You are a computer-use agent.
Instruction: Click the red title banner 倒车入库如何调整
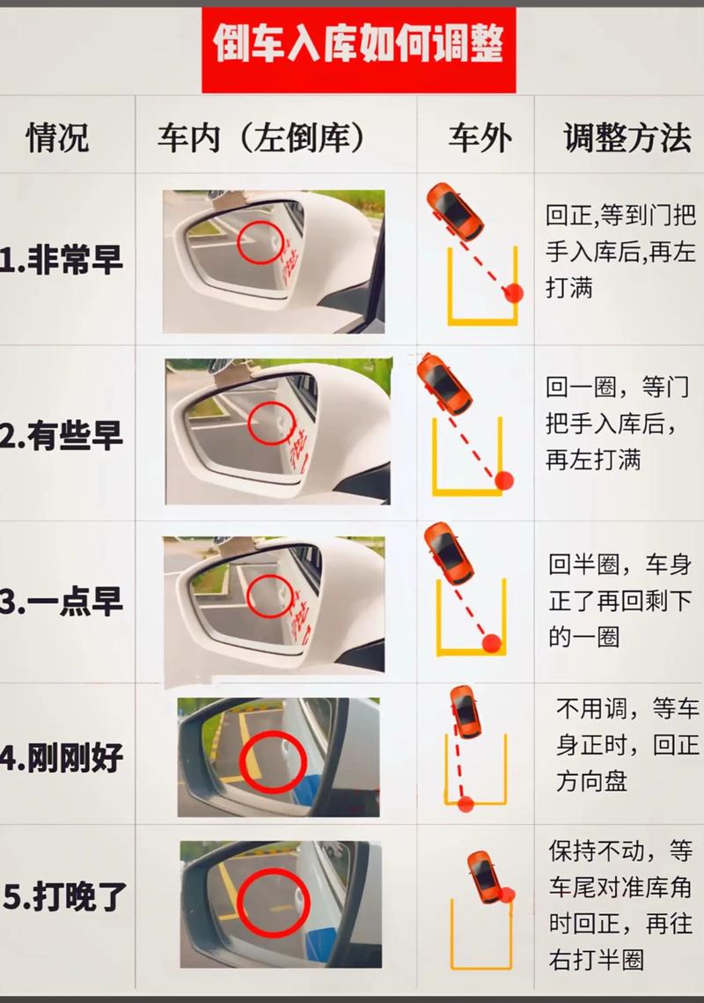click(x=359, y=50)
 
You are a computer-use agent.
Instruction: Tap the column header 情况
click(x=57, y=137)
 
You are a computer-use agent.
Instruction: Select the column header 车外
click(x=480, y=137)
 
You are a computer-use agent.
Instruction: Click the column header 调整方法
click(x=627, y=137)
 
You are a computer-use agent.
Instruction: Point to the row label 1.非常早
click(x=62, y=260)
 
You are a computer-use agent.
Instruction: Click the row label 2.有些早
click(x=62, y=436)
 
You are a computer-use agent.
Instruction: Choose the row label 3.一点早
click(x=62, y=602)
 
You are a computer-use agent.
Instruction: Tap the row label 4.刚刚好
click(x=62, y=758)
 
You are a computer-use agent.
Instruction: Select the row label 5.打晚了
click(x=65, y=896)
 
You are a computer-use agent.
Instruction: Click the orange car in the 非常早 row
click(x=455, y=210)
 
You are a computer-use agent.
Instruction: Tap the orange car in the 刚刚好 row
click(x=466, y=712)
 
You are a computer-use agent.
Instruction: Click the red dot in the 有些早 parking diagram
click(x=504, y=480)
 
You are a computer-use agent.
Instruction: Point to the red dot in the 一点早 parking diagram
click(x=492, y=643)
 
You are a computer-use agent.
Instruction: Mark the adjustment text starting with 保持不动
click(x=620, y=905)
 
